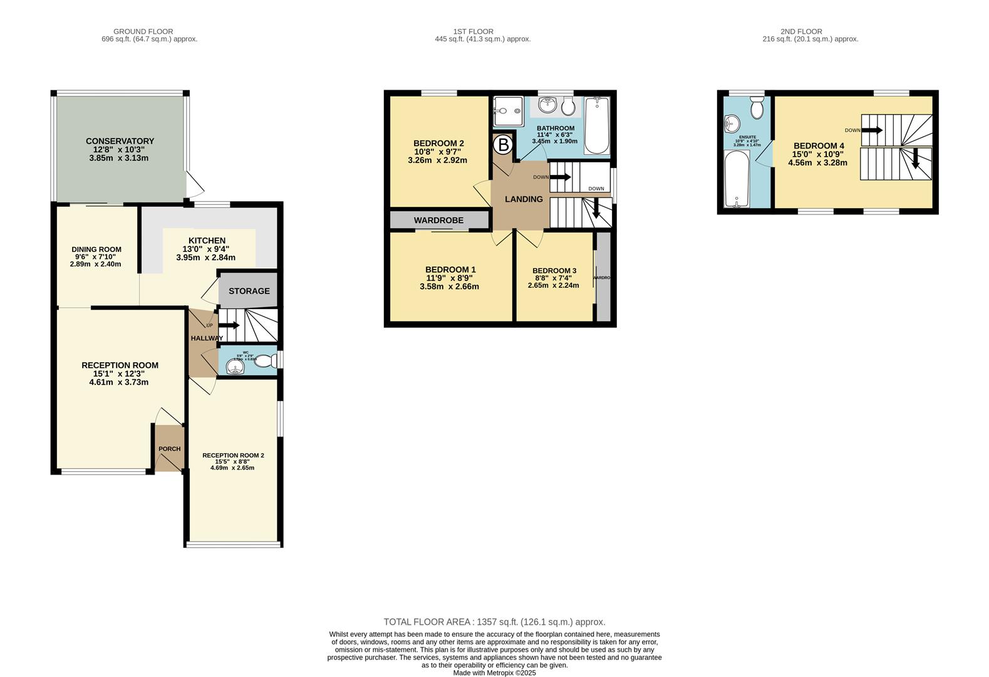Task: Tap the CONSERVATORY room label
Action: [120, 141]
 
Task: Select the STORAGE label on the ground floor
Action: [249, 291]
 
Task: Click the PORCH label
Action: [169, 449]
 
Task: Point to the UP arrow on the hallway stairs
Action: [229, 325]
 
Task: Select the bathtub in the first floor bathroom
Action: [596, 125]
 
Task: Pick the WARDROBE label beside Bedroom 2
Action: [438, 220]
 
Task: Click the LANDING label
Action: [524, 199]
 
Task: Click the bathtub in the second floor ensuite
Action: [737, 179]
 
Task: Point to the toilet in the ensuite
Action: [757, 108]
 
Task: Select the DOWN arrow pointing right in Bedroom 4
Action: [872, 130]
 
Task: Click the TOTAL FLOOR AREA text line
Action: [494, 622]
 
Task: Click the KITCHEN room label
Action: [207, 241]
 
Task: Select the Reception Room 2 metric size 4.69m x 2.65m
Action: [232, 468]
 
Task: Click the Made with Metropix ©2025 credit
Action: [494, 673]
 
